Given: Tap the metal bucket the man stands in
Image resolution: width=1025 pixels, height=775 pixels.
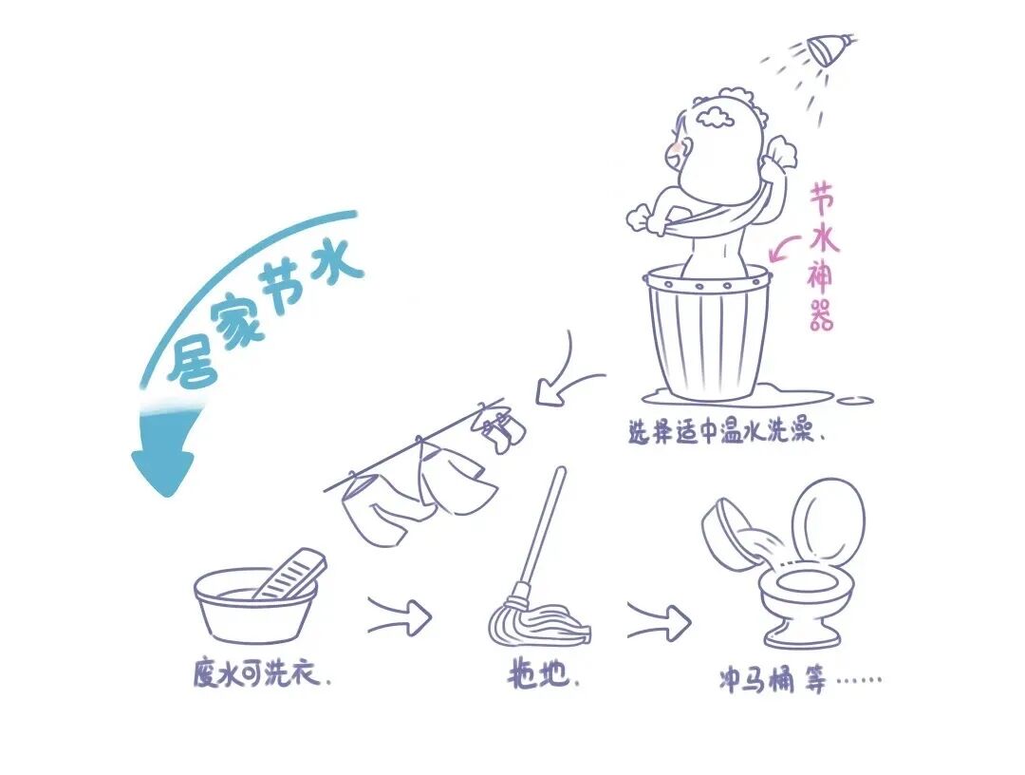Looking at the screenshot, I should pyautogui.click(x=708, y=332).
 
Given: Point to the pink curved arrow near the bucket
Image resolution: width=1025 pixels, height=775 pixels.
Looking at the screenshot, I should pyautogui.click(x=785, y=250).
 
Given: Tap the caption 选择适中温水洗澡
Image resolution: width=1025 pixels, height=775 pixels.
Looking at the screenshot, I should pyautogui.click(x=723, y=433).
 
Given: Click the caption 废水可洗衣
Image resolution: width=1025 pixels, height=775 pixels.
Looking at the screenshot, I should pyautogui.click(x=260, y=675).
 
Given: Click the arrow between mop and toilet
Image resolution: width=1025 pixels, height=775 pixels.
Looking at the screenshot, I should pyautogui.click(x=659, y=623).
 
